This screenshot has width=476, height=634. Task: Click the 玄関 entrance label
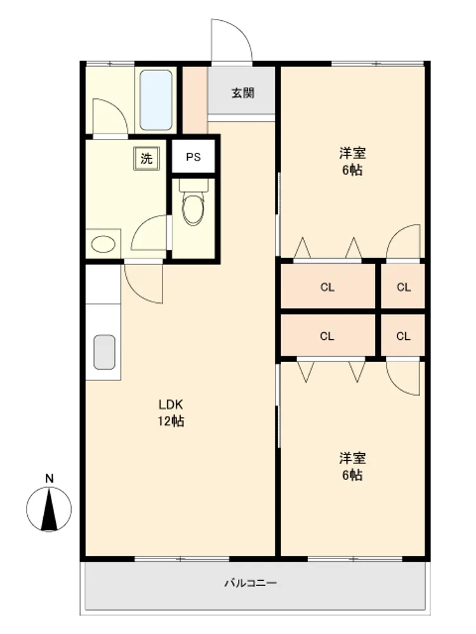pos(243,93)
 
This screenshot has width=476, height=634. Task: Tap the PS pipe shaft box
pos(194,157)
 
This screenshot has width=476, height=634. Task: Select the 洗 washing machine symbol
pos(146,158)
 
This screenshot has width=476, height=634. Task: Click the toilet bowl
pos(194,208)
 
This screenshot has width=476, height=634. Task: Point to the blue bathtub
pos(156,100)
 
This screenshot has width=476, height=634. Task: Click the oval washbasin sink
pos(103,244)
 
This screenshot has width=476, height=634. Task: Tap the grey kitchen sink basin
pos(105,352)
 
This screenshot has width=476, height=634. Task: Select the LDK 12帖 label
pos(171,413)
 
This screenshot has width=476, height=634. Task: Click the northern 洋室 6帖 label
pos(352,162)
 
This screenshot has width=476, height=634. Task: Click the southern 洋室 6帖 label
pos(352,467)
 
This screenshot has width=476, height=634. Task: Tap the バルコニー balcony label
pos(251,583)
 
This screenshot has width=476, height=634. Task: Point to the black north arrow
pos(49,510)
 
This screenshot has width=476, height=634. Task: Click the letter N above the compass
pos(49,479)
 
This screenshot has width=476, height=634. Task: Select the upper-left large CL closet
pos(327,287)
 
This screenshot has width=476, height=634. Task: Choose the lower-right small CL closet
pos(403,336)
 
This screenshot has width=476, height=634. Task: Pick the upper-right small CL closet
pos(404,287)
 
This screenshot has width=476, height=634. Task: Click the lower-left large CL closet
pos(327,336)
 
